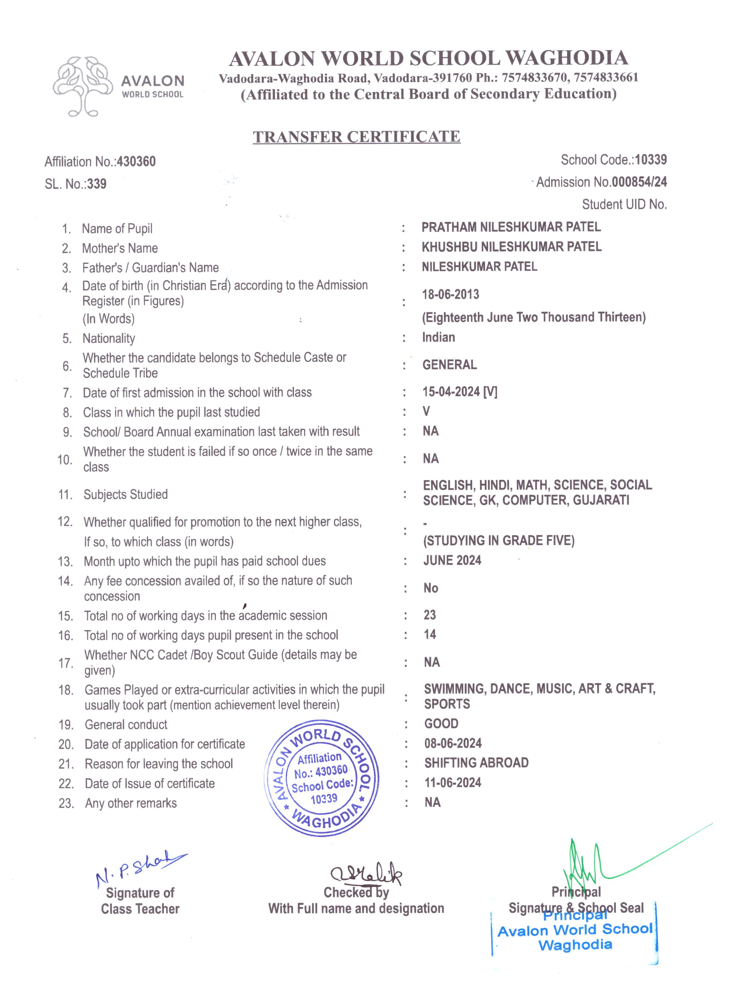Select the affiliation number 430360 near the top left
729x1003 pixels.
tap(136, 162)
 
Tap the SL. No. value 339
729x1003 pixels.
tap(97, 184)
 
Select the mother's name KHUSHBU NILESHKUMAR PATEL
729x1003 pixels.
tap(512, 247)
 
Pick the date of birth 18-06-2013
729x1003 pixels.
tap(450, 295)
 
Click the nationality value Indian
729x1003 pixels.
tap(438, 337)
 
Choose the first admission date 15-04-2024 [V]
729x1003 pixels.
tap(460, 392)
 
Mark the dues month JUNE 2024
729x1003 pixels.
tap(452, 561)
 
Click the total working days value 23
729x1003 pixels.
tap(430, 615)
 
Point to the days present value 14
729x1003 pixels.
tap(430, 635)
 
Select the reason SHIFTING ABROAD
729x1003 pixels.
tap(476, 763)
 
